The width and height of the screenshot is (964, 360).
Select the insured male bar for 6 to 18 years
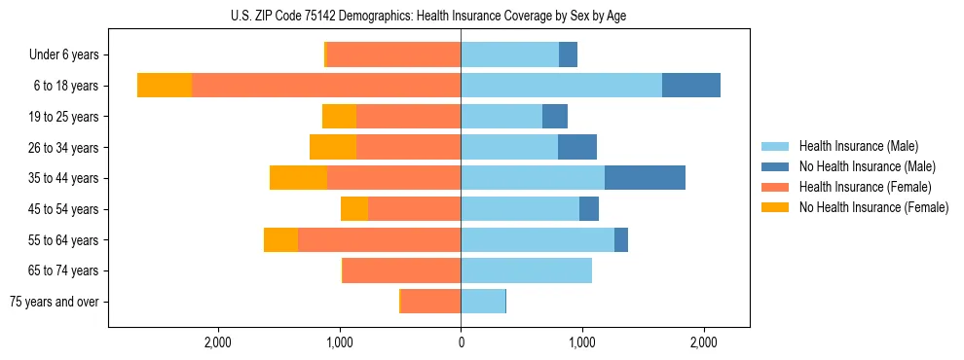coord(561,86)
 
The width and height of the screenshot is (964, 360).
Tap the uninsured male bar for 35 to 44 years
coord(645,178)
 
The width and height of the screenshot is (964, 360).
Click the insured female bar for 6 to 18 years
coord(326,86)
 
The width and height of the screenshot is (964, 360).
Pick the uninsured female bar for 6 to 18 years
coord(165,86)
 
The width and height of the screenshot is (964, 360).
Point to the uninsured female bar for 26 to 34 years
coord(333,147)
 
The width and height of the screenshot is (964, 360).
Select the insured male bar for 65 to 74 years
coord(526,270)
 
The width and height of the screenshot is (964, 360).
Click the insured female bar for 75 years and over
coord(430,302)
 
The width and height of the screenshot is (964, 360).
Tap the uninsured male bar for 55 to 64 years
coord(621,239)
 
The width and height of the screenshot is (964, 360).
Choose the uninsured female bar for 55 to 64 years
coord(281,239)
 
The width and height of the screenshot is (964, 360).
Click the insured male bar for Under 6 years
coord(509,54)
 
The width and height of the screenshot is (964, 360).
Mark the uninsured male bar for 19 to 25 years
coord(555,117)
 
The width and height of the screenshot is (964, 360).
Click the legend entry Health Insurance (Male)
coord(858,146)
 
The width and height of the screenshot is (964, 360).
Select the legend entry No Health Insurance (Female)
coord(873,207)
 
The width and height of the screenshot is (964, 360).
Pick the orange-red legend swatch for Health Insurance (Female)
coord(775,187)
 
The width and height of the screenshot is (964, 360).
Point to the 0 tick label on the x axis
coord(461,342)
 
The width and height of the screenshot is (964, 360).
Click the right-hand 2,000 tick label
coord(704,342)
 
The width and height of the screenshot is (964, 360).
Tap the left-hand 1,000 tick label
coord(339,342)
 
